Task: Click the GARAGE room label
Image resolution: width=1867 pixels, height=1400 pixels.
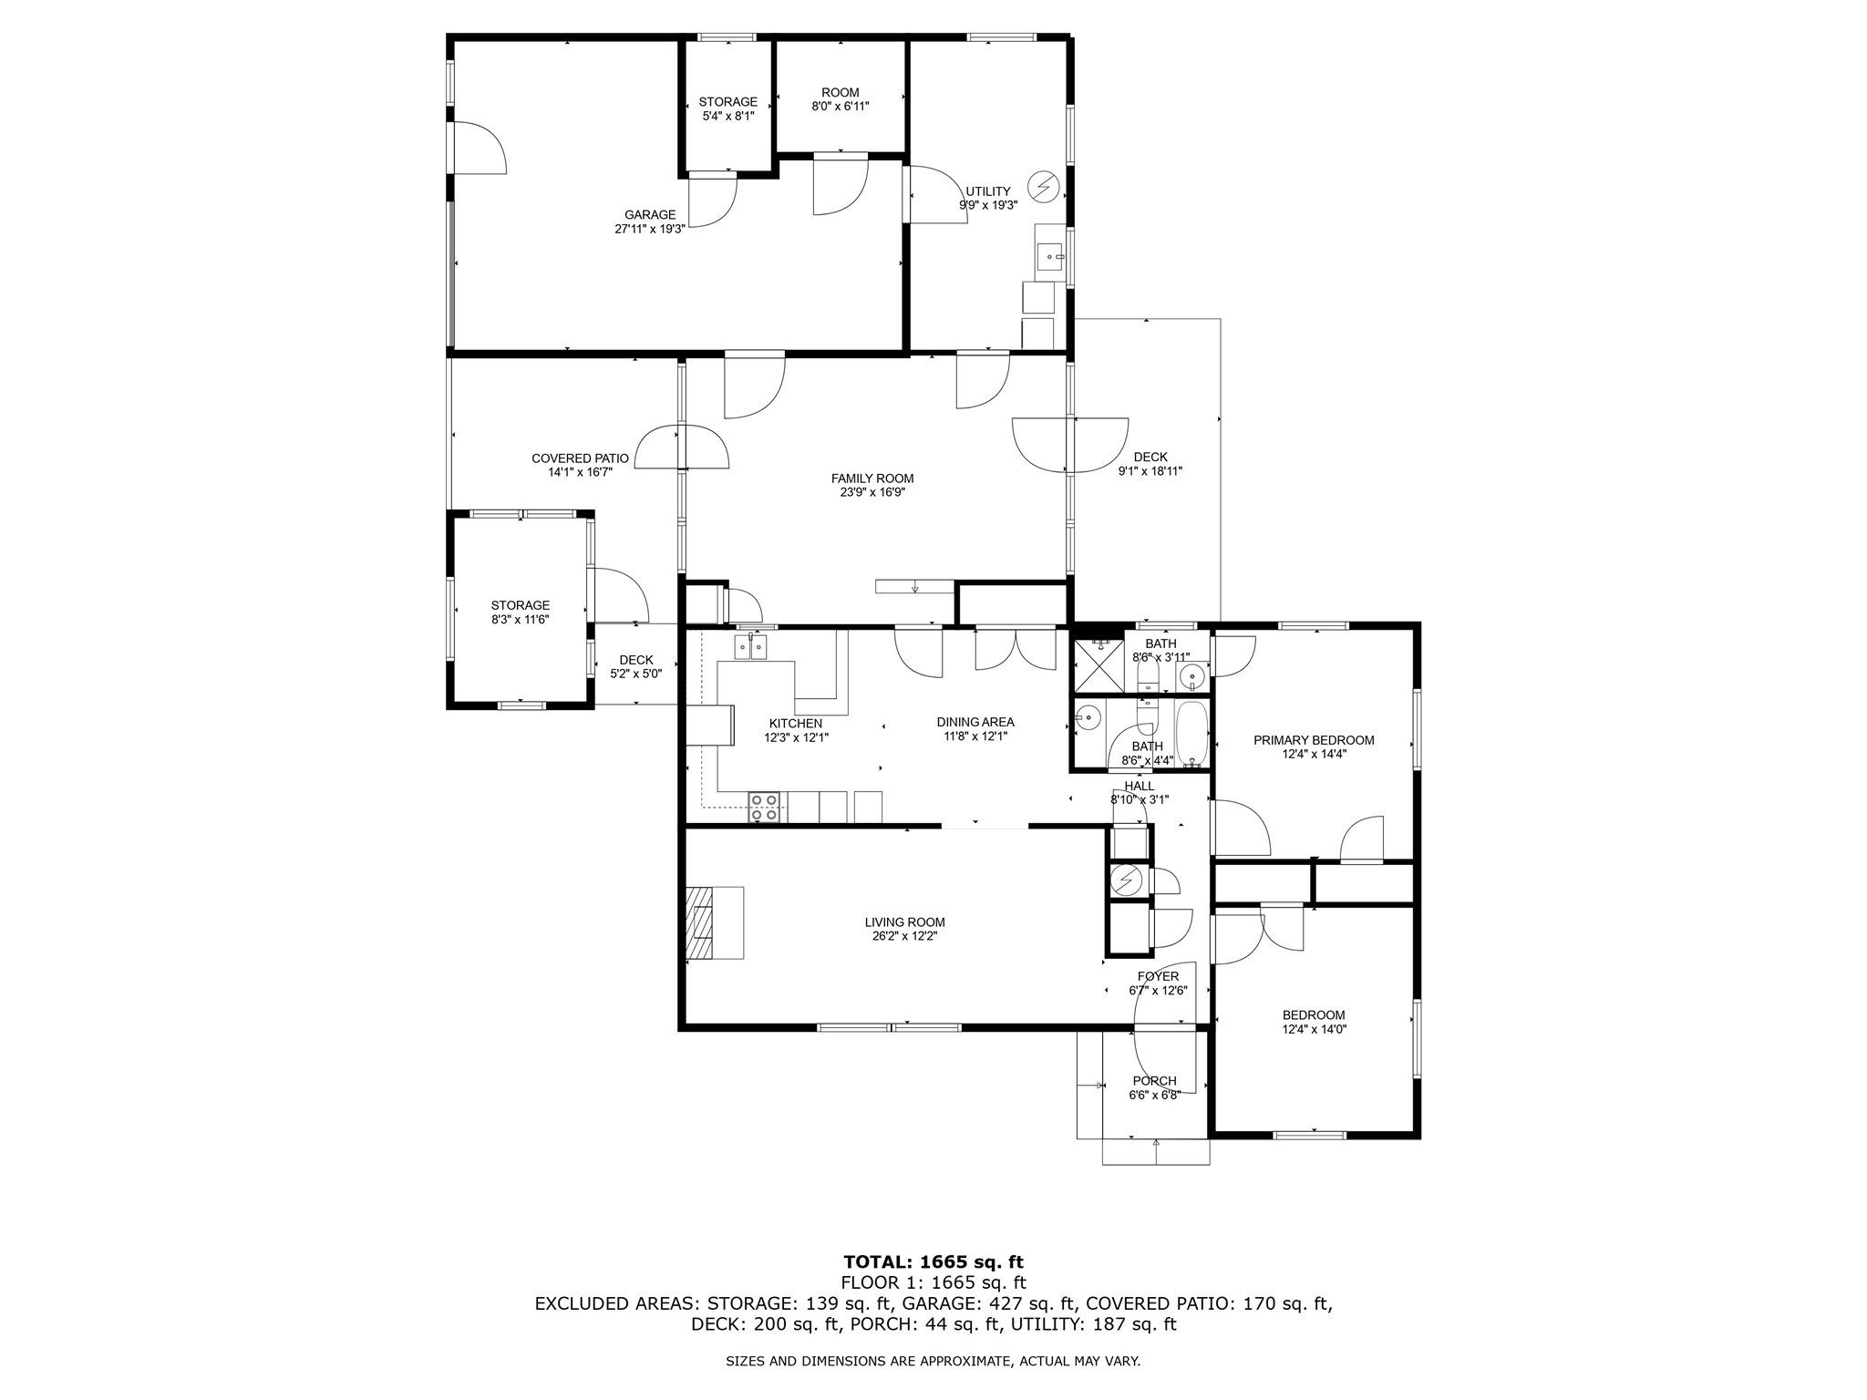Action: click(650, 215)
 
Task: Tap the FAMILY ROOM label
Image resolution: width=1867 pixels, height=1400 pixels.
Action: click(872, 479)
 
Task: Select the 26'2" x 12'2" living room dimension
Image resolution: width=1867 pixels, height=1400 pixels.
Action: click(904, 935)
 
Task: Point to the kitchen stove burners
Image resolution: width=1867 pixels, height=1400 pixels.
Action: click(764, 808)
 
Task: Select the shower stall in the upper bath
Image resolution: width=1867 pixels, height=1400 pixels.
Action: click(1098, 664)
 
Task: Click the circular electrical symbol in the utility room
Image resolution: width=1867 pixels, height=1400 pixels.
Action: click(1044, 187)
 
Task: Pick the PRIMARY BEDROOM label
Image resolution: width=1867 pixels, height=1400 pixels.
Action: click(1314, 740)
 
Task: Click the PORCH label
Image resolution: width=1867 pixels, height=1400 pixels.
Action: click(1154, 1081)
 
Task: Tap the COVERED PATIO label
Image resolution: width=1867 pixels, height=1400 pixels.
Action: click(580, 458)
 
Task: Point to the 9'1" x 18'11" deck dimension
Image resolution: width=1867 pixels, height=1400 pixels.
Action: click(1150, 471)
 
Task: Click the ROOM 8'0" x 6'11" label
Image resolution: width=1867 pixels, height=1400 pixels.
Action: click(841, 99)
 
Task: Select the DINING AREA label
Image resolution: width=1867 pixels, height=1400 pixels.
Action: click(975, 722)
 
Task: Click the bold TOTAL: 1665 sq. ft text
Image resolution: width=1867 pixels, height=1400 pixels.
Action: click(933, 1262)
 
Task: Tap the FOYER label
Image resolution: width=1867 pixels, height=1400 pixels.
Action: click(1158, 976)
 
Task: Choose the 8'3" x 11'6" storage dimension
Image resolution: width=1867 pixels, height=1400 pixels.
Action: click(520, 620)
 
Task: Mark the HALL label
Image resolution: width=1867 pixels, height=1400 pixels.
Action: click(1140, 786)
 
